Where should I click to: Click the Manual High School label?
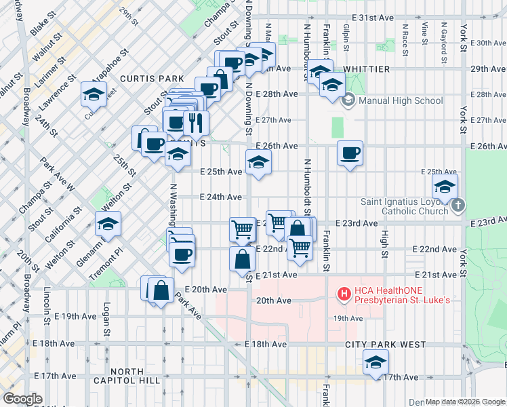pyautogui.click(x=400, y=101)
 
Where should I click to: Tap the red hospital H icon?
pyautogui.click(x=344, y=293)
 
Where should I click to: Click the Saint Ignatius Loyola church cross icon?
pyautogui.click(x=458, y=205)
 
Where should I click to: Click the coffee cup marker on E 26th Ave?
pyautogui.click(x=350, y=153)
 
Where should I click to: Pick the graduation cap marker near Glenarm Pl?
pyautogui.click(x=107, y=225)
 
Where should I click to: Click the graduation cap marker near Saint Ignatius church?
pyautogui.click(x=445, y=187)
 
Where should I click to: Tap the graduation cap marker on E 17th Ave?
pyautogui.click(x=376, y=363)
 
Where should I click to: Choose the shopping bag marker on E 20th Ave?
pyautogui.click(x=161, y=290)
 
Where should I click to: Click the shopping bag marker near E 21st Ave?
pyautogui.click(x=242, y=259)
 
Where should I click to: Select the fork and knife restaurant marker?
pyautogui.click(x=196, y=123)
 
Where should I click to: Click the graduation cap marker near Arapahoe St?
pyautogui.click(x=94, y=95)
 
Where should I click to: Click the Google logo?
pyautogui.click(x=23, y=399)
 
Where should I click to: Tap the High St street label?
pyautogui.click(x=385, y=238)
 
